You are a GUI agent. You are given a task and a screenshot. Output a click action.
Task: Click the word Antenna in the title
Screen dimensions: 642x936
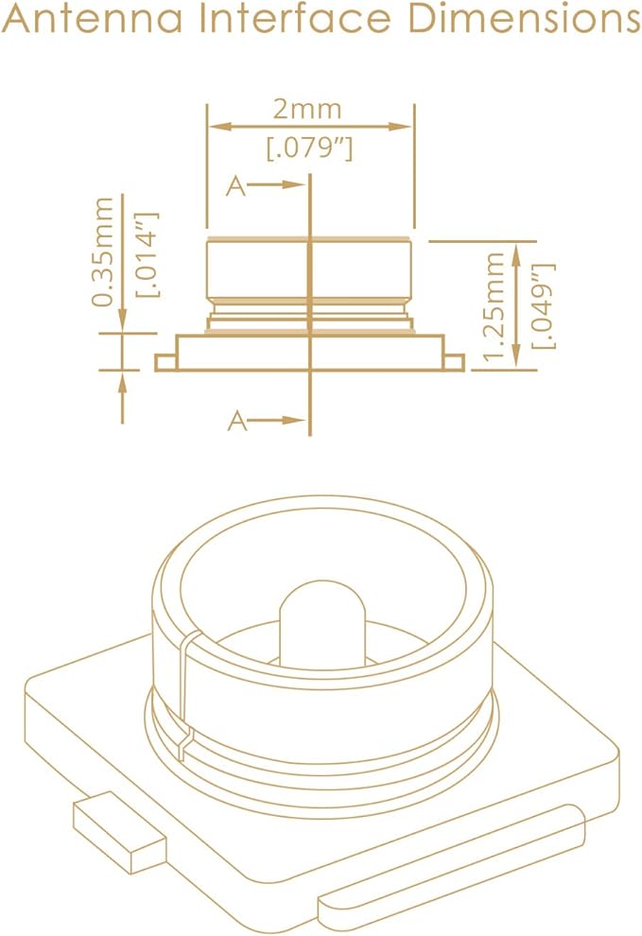(x=92, y=18)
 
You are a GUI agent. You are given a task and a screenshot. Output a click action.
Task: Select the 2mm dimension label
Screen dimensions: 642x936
(x=307, y=110)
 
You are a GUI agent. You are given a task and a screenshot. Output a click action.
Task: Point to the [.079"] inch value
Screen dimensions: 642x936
(x=309, y=148)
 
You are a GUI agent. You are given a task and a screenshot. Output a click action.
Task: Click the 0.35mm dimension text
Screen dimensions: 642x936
(x=102, y=251)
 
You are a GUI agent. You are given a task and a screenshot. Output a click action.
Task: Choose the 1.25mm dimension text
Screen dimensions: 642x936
(x=495, y=307)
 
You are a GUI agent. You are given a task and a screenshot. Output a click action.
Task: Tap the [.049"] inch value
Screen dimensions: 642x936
(x=545, y=305)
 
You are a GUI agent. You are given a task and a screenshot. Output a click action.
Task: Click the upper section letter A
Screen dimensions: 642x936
(x=235, y=187)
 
